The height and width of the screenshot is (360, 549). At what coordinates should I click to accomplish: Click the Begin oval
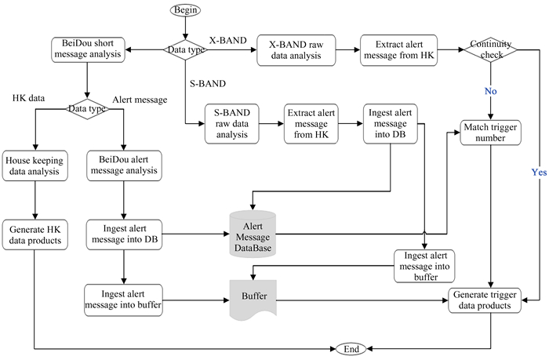(184, 11)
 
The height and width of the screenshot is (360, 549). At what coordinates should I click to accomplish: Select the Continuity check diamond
(491, 49)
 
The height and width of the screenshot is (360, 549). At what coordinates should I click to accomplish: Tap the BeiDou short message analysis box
(88, 49)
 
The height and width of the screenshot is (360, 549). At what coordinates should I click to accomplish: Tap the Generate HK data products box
(33, 235)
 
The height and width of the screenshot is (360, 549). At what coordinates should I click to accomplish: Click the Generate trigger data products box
(490, 300)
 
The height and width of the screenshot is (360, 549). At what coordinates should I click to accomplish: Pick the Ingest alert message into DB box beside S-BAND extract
(389, 124)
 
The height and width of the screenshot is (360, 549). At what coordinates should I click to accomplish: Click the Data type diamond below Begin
(184, 49)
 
